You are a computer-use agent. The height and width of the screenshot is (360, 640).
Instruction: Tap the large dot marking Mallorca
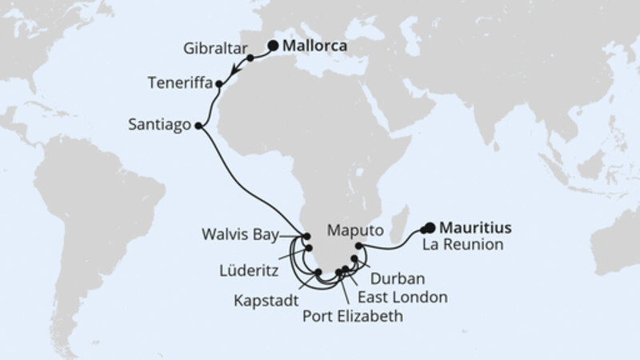tap(272, 46)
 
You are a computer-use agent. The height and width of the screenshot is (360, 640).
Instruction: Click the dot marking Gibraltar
tap(250, 58)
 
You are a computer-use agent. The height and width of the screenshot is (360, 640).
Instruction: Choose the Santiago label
tap(158, 125)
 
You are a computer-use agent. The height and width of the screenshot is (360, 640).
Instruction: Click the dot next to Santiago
tap(198, 126)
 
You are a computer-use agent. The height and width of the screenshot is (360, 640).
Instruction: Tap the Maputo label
tap(354, 230)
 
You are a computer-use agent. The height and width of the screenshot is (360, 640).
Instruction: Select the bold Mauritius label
tap(477, 227)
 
